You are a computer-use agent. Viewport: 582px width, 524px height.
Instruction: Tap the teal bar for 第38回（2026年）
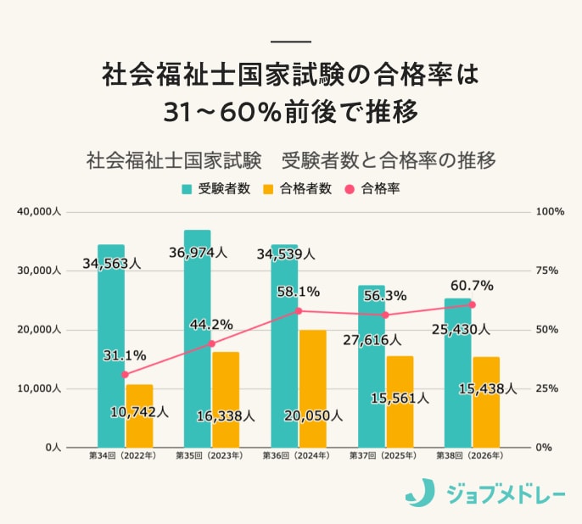point(458,372)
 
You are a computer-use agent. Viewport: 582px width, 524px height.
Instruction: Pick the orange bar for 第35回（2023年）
point(226,399)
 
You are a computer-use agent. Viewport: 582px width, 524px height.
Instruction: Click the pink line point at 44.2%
point(212,343)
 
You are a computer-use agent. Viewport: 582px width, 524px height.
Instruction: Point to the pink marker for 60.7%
point(473,304)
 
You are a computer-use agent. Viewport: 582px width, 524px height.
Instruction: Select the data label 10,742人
point(140,412)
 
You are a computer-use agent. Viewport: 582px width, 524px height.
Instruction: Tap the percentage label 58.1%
point(299,292)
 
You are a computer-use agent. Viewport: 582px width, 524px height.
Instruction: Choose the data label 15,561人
point(400,397)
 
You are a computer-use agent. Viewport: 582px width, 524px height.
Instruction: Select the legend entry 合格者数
point(298,189)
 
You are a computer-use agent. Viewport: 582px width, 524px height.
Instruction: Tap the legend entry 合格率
point(372,189)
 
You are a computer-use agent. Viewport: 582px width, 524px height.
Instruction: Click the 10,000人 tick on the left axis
point(38,388)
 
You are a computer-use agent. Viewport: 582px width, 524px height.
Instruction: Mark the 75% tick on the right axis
point(549,270)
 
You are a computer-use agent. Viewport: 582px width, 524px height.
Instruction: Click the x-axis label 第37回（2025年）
point(383,456)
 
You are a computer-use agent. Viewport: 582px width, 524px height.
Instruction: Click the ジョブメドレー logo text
point(505,492)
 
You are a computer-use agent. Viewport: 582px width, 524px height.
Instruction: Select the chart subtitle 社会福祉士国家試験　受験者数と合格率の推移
point(291,159)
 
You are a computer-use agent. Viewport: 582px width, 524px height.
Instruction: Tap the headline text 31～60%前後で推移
point(291,111)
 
